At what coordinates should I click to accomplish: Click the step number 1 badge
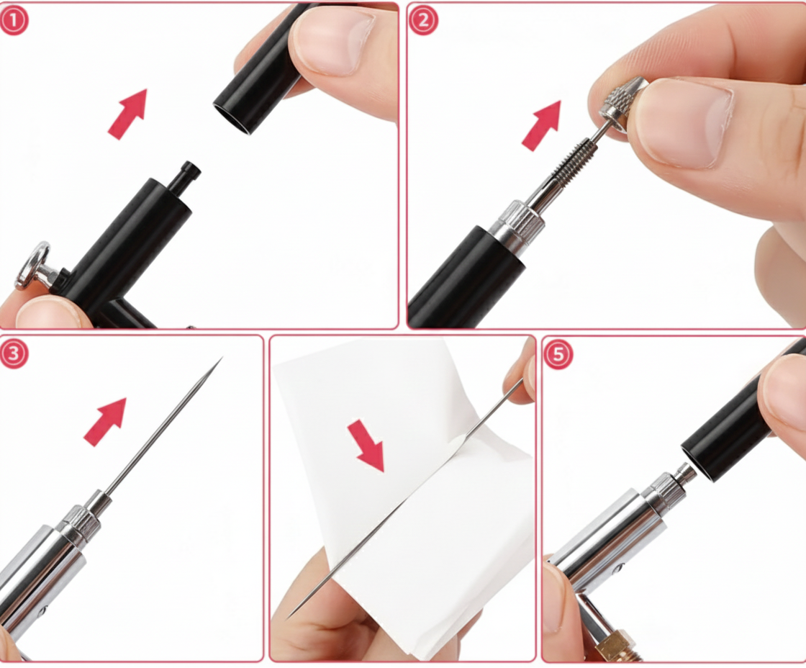tap(14, 20)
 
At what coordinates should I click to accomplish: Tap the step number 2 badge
tap(423, 20)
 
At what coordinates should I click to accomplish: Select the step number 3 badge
tap(14, 354)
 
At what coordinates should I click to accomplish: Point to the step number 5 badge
tap(558, 354)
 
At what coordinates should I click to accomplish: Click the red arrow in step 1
tap(128, 113)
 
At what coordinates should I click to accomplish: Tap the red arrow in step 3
tap(106, 421)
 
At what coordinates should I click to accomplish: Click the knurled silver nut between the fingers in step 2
tap(620, 100)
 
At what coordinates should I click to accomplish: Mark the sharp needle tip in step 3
tap(219, 360)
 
